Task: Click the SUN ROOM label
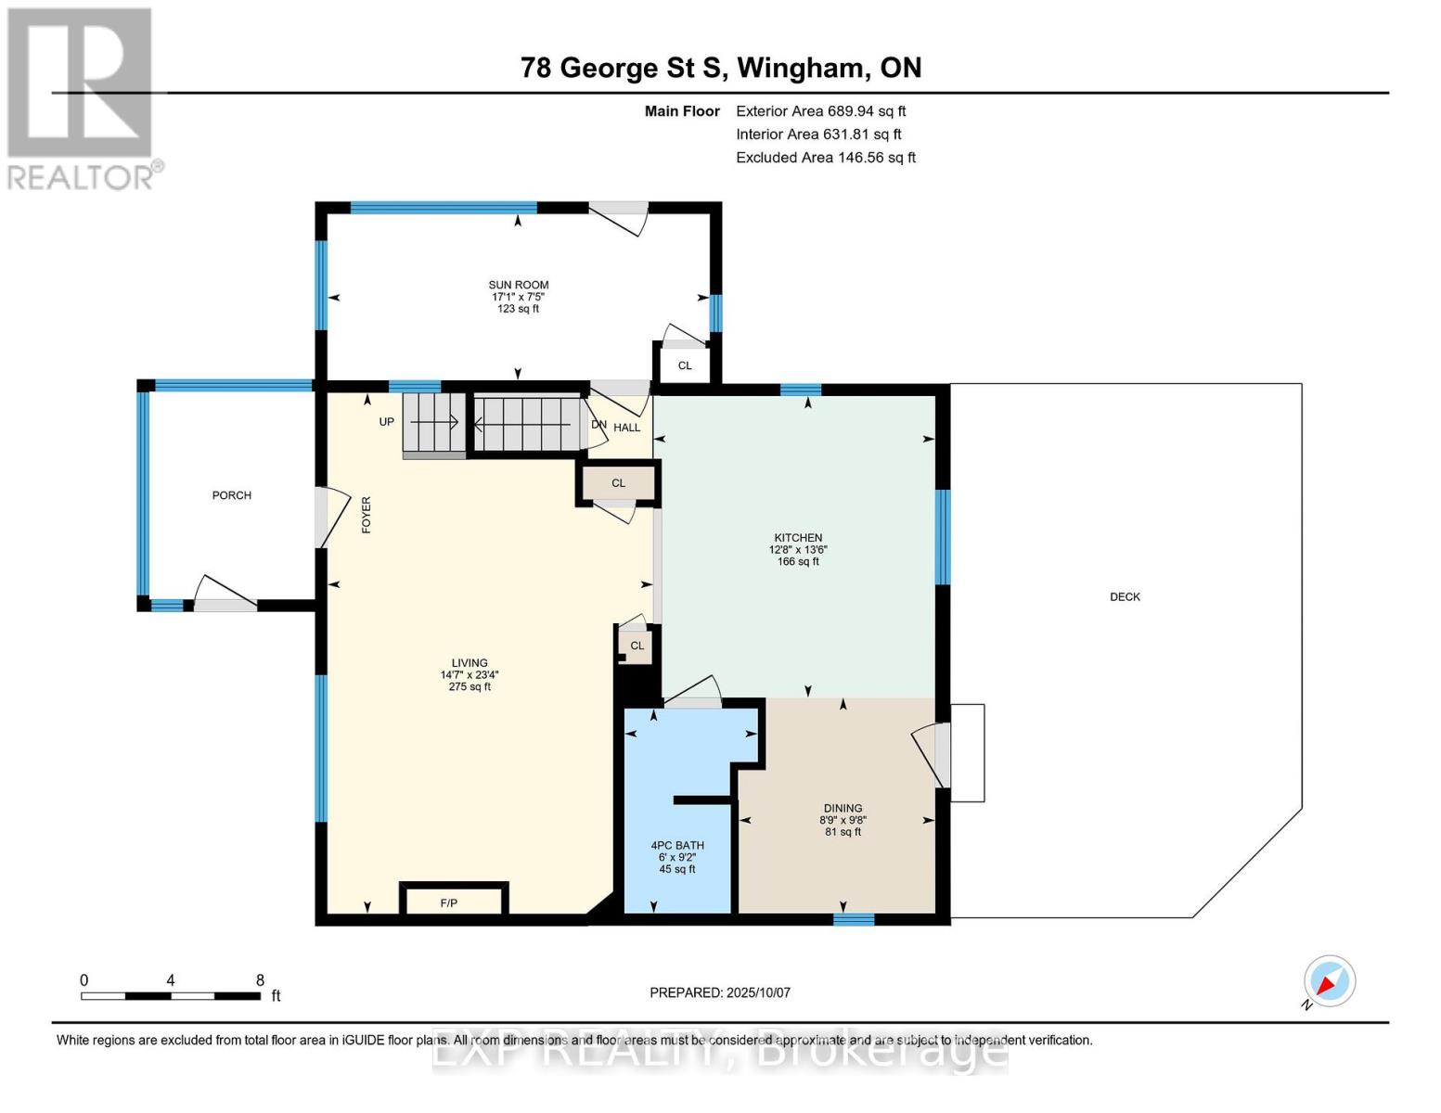[x=519, y=286]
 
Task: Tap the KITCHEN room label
[x=798, y=538]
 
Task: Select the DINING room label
[x=843, y=809]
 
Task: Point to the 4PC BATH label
[x=677, y=846]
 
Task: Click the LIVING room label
[x=470, y=663]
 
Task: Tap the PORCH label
[x=232, y=495]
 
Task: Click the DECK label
[x=1125, y=597]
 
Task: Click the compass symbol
[x=1329, y=981]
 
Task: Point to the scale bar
[x=171, y=996]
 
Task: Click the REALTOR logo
[x=82, y=97]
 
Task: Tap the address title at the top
[x=721, y=68]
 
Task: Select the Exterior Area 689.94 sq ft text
[x=820, y=111]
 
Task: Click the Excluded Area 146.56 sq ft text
[x=826, y=158]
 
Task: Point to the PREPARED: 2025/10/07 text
[x=720, y=992]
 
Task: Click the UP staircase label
[x=387, y=422]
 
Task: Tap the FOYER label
[x=366, y=515]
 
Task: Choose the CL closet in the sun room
[x=685, y=365]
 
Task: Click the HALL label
[x=627, y=428]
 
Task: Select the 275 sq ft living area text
[x=470, y=687]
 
